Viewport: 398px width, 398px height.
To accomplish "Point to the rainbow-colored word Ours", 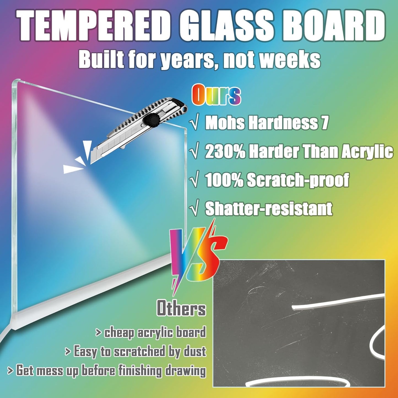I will point(216,96).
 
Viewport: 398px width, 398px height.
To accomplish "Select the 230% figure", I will point(225,152).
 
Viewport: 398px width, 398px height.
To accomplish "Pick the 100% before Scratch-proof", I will point(224,180).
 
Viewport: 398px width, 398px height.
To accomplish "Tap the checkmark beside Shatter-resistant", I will point(195,210).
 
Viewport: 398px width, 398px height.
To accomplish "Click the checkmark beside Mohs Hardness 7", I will point(195,123).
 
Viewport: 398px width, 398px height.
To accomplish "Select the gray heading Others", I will point(181,308).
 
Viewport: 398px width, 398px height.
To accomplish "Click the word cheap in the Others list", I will point(120,332).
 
